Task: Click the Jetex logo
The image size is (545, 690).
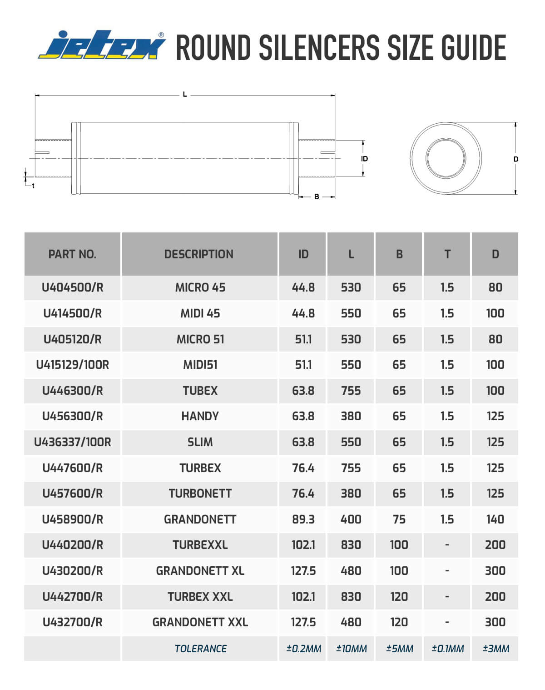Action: [x=102, y=45]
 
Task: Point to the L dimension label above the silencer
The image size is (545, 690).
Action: [x=185, y=94]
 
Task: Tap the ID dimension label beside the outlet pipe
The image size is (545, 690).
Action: [x=364, y=159]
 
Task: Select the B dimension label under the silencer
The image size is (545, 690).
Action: [x=317, y=196]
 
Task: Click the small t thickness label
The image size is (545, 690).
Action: [x=33, y=186]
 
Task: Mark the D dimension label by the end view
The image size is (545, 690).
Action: [x=516, y=159]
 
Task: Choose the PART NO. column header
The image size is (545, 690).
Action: [x=72, y=254]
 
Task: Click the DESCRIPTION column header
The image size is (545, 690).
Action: [x=199, y=254]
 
